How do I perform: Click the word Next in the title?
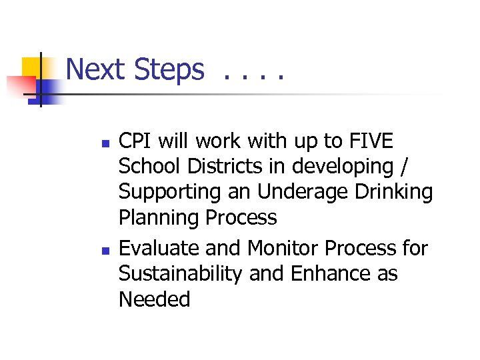pos(96,69)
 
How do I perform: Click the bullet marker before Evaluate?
pos(99,250)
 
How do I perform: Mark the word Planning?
pos(159,218)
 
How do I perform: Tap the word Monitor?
pos(284,248)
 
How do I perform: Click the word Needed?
pos(154,299)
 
